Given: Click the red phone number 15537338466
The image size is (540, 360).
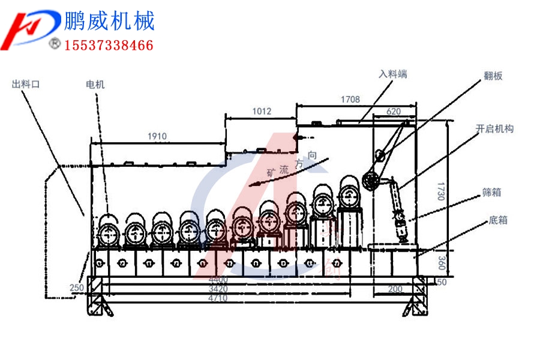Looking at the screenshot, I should [109, 45].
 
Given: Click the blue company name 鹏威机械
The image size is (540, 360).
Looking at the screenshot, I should [109, 21].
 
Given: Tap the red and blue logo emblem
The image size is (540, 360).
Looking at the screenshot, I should [31, 30].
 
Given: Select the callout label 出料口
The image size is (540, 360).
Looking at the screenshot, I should [25, 85].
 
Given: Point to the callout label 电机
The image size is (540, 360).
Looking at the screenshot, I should [95, 85].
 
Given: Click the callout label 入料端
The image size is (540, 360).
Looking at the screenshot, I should [393, 74].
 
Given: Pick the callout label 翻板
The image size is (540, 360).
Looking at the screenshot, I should [493, 76].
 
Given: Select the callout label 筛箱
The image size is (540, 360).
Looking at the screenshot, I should [491, 192].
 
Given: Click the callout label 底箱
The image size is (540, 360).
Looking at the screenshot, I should [498, 220].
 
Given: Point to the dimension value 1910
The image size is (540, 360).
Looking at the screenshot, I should [157, 136].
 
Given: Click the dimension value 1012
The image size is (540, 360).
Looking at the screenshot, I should [262, 111].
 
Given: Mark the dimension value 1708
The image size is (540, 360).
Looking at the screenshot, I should [350, 98].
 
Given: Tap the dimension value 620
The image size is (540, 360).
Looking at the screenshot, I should [394, 111].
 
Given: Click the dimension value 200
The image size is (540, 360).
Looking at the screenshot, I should [395, 289].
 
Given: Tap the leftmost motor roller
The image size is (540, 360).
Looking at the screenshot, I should [109, 230].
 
